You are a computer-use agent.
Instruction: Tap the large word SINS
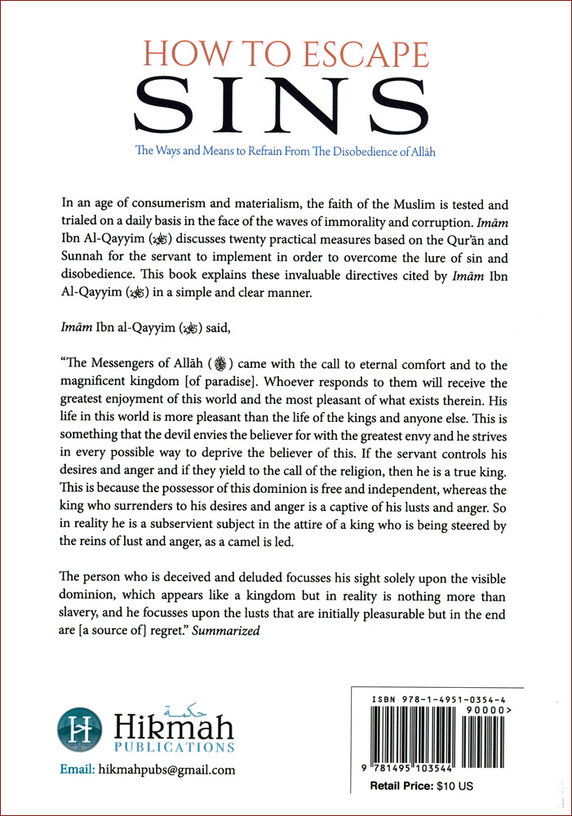(x=286, y=104)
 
